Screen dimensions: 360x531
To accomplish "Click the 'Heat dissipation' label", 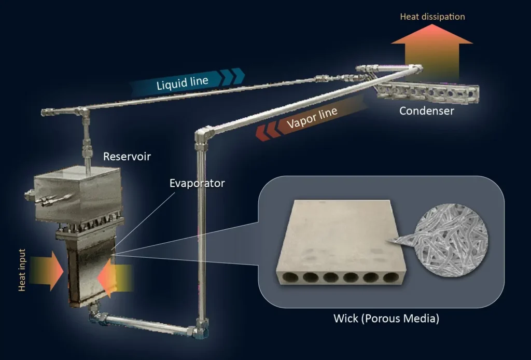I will [432, 17].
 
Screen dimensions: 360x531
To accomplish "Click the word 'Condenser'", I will [426, 110].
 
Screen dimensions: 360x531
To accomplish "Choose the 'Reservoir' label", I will [127, 156].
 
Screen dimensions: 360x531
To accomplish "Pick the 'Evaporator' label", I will [197, 183].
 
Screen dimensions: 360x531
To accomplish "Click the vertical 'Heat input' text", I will [22, 270].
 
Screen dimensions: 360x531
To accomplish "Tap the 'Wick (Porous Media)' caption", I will [386, 318].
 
